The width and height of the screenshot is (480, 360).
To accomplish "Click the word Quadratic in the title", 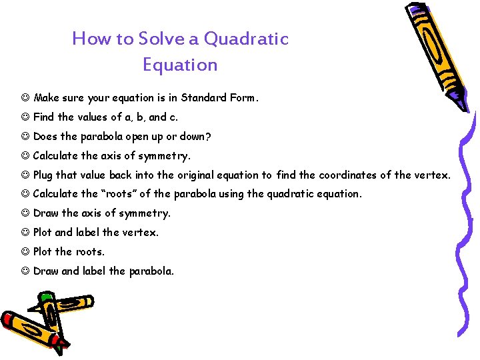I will pos(246,39).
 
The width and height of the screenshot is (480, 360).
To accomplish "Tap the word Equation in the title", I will pos(180,65).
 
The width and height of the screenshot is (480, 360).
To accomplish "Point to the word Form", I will pos(243,98).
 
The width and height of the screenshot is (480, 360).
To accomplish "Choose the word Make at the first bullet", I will pos(47,98).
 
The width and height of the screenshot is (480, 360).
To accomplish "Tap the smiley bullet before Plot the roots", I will pos(25,252).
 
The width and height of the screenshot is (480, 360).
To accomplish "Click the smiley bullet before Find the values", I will pos(25,117).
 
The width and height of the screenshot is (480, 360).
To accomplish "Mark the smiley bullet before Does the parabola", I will pos(25,137).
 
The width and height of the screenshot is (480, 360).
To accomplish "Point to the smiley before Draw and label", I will pos(25,271).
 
